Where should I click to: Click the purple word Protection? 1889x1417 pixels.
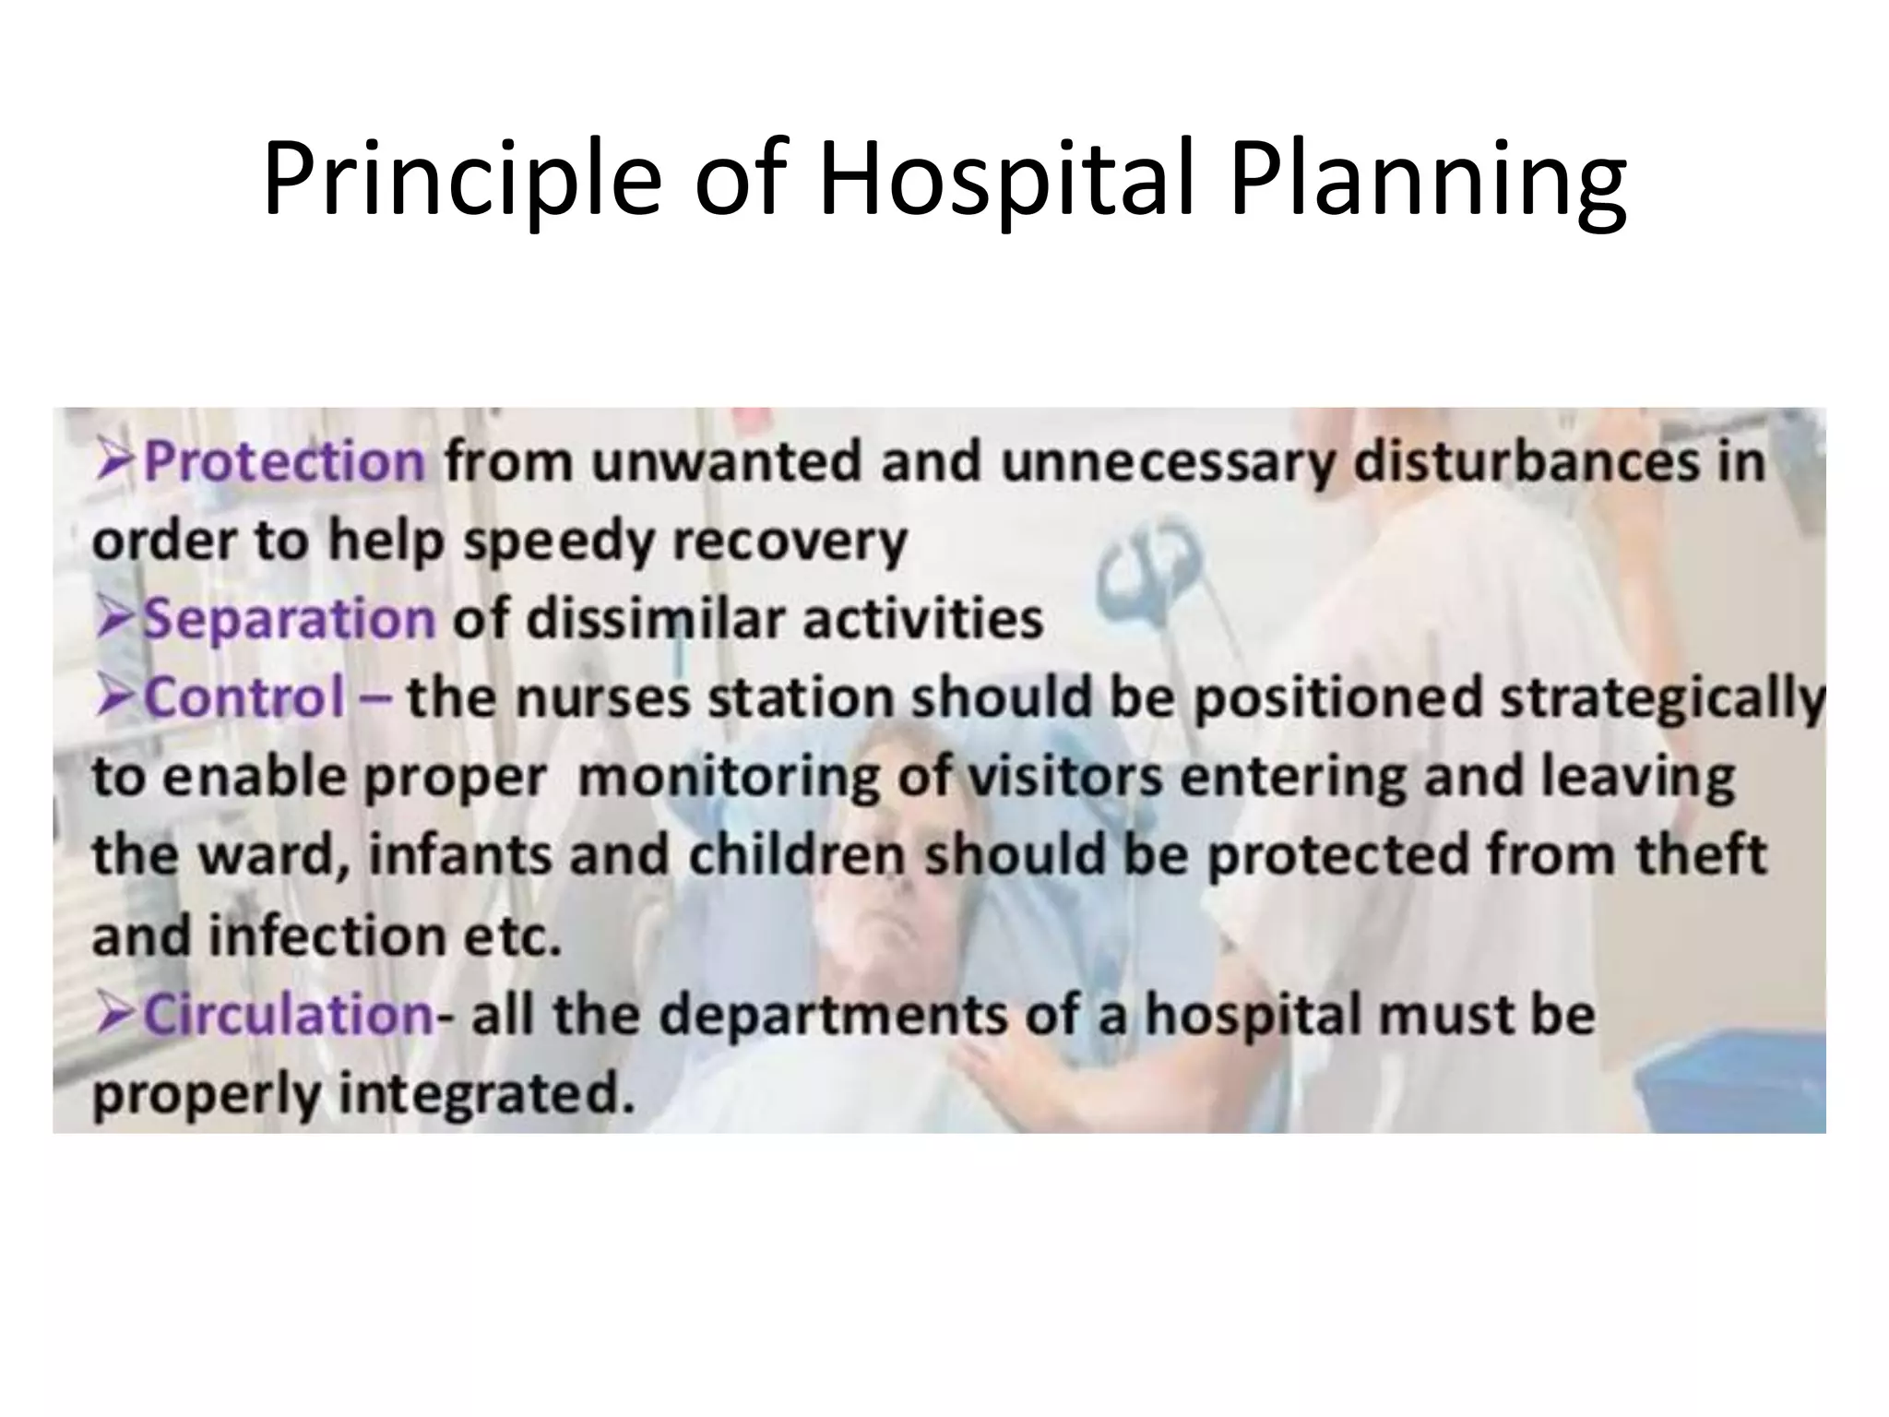284,461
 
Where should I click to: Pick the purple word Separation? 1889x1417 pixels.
289,618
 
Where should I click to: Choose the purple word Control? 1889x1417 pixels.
244,697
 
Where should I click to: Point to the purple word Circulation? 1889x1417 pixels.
287,1015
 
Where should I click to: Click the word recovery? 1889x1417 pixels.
790,542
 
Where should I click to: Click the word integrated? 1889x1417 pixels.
487,1095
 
